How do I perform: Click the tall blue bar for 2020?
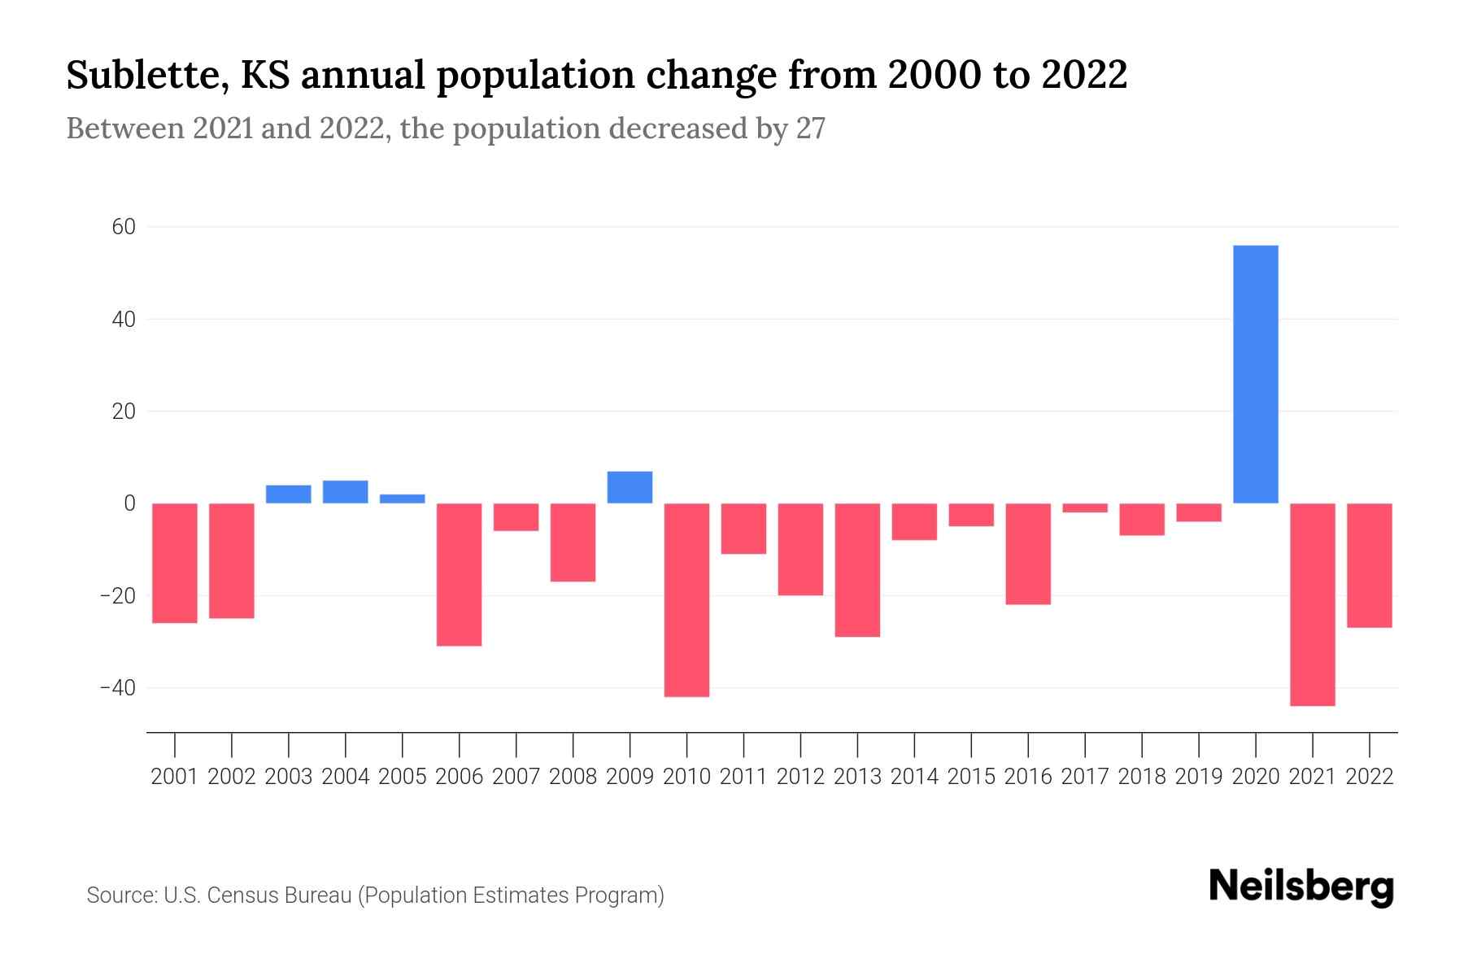(x=1255, y=374)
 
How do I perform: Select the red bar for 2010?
(x=686, y=599)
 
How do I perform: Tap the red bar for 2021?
(x=1312, y=604)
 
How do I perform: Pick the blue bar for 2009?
(x=630, y=487)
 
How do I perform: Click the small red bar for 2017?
(x=1085, y=508)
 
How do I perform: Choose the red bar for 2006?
(x=459, y=574)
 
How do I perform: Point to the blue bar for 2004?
(x=345, y=492)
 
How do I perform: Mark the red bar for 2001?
(x=175, y=563)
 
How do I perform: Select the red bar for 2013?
(x=857, y=569)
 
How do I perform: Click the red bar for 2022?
(x=1369, y=565)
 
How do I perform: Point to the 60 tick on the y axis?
(x=124, y=227)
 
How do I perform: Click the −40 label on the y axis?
(x=117, y=688)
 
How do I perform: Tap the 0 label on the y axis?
(x=129, y=503)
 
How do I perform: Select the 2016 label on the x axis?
(x=1028, y=777)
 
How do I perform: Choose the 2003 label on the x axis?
(x=289, y=777)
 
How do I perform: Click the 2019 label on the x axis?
(x=1198, y=777)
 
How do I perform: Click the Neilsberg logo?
(x=1301, y=887)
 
